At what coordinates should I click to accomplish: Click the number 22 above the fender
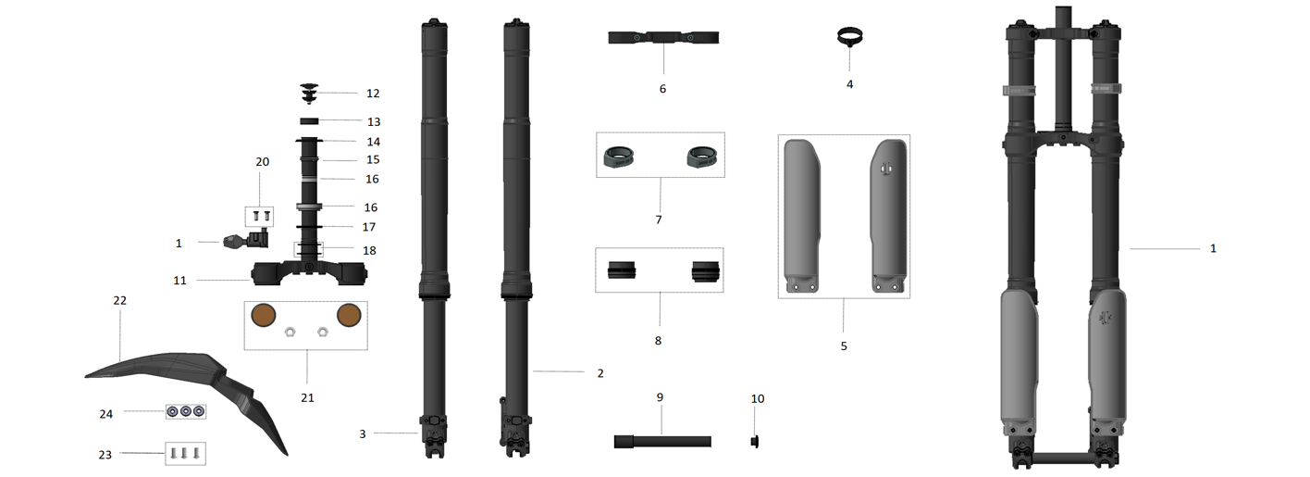point(119,301)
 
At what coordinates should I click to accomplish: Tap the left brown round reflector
point(266,315)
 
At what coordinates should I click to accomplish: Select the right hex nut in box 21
point(323,331)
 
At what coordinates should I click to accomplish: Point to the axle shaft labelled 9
point(661,442)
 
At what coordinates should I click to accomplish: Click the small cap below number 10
point(755,440)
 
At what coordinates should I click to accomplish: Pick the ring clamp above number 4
point(849,38)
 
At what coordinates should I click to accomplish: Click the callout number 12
point(373,94)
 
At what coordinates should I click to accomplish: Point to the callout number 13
point(373,121)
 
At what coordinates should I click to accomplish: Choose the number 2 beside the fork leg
point(599,373)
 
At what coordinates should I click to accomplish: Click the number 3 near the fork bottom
point(363,433)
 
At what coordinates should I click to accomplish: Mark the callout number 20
point(262,162)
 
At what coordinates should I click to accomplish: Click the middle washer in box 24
point(186,410)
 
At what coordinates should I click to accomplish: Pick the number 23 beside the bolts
point(105,455)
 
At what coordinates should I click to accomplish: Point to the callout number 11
point(179,280)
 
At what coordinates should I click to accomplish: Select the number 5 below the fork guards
point(843,345)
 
